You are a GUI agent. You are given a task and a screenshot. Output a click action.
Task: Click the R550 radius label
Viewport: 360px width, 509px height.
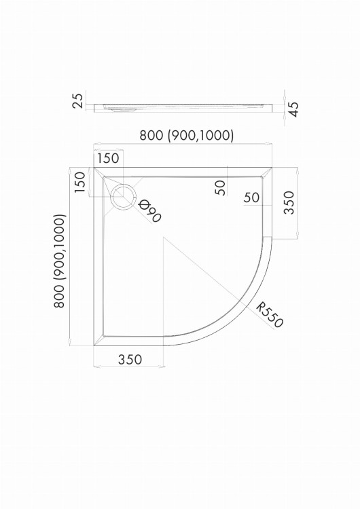tap(270, 315)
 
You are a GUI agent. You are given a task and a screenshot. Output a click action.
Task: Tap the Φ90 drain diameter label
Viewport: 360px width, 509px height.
tap(149, 211)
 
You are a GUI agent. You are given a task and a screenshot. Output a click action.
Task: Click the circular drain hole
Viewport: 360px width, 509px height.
tap(123, 196)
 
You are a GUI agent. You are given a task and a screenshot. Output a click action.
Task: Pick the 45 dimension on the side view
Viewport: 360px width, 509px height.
tap(293, 109)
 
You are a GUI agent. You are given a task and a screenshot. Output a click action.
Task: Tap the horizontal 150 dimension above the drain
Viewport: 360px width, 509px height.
tap(108, 158)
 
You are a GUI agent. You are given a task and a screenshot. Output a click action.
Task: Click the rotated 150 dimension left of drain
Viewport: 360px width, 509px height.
tap(79, 182)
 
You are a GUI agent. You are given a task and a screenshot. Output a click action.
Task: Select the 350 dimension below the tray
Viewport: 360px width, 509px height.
tap(130, 359)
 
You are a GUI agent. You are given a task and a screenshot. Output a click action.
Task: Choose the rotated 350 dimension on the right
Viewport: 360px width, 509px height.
tap(289, 202)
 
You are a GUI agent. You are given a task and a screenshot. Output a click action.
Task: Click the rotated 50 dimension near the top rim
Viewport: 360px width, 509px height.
tap(221, 187)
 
